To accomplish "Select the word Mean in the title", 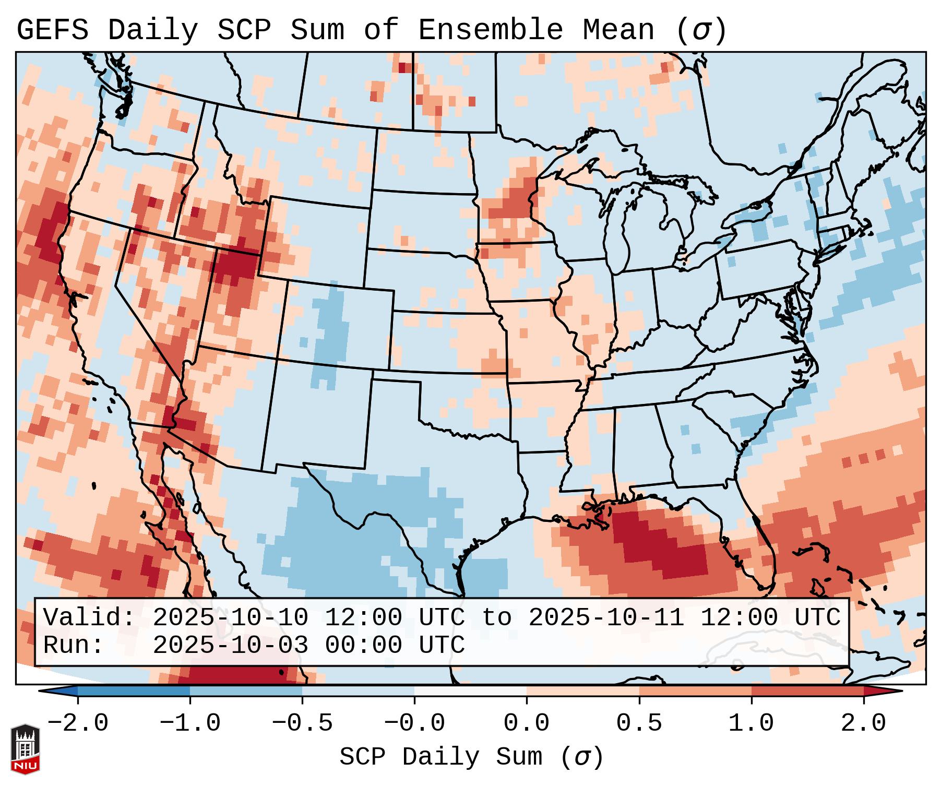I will [x=618, y=30].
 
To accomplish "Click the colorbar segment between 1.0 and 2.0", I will [x=807, y=691].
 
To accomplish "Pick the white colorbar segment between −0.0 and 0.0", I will [x=471, y=691].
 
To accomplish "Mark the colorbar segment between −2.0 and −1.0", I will [x=134, y=691].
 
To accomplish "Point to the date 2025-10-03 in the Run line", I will [x=230, y=646].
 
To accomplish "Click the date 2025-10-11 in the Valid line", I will [x=606, y=618].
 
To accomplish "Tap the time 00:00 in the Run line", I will [x=364, y=646].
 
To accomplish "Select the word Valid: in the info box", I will [x=89, y=618].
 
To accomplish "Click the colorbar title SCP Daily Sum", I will [x=441, y=757].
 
